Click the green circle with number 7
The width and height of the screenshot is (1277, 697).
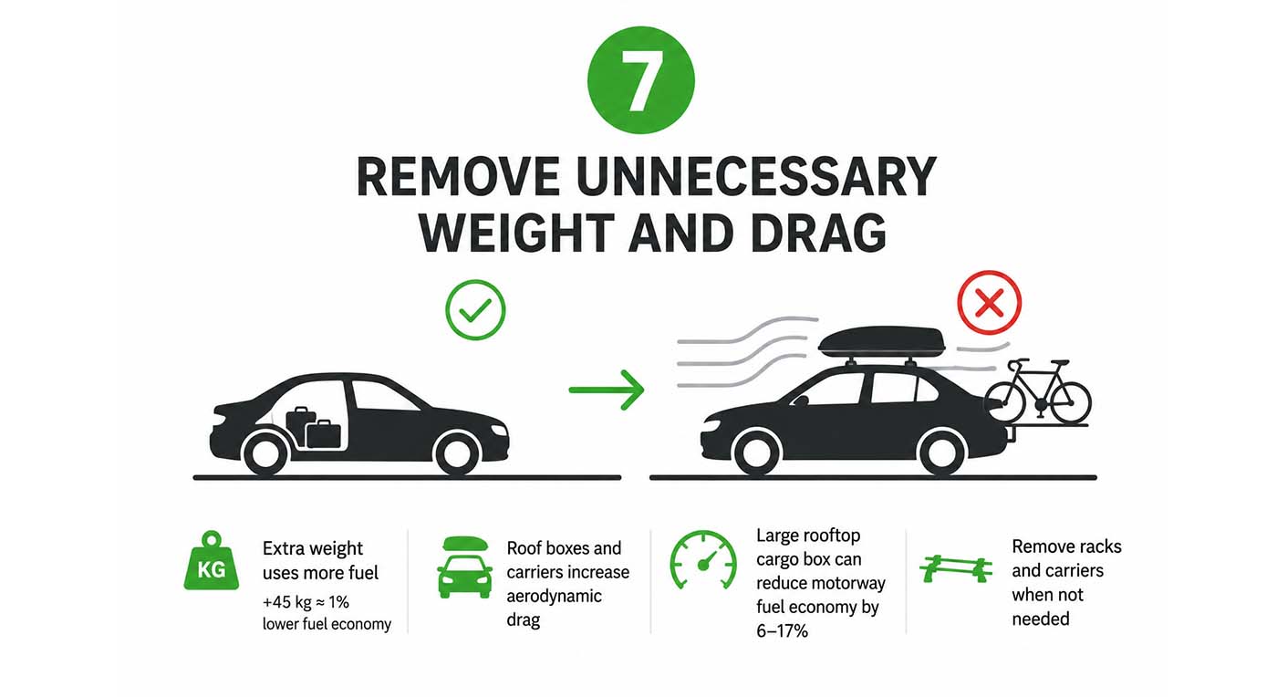click(640, 80)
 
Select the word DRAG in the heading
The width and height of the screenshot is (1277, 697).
click(818, 233)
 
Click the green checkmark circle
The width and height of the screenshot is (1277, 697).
click(475, 309)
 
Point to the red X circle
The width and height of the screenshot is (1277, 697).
click(989, 302)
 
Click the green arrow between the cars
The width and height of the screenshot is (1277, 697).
click(607, 390)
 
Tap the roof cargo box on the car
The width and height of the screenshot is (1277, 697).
click(881, 342)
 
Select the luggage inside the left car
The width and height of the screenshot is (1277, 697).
click(314, 428)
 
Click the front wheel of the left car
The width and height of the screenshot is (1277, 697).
click(456, 453)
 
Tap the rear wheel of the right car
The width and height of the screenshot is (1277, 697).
click(941, 453)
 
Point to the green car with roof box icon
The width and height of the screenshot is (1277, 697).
click(464, 567)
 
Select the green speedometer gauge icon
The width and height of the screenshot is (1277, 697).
click(703, 559)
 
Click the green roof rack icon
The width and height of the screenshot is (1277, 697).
click(956, 568)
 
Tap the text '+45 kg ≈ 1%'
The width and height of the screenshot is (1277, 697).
click(306, 602)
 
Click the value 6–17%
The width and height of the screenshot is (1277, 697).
click(783, 630)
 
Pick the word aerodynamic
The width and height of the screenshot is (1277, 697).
click(555, 596)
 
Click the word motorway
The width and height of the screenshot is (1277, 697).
click(849, 583)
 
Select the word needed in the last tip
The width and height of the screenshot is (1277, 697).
click(1041, 619)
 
